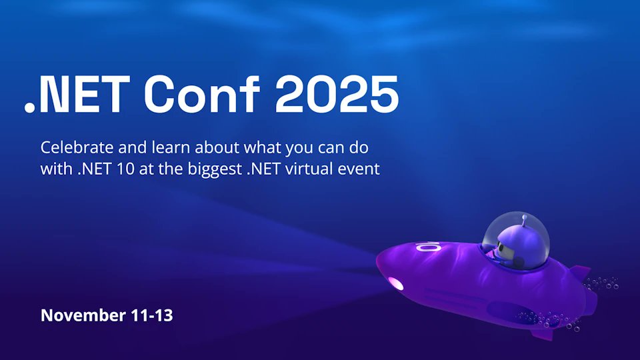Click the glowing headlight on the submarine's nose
(x=395, y=283)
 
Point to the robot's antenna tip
(x=525, y=217)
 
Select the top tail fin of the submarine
(x=580, y=273)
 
